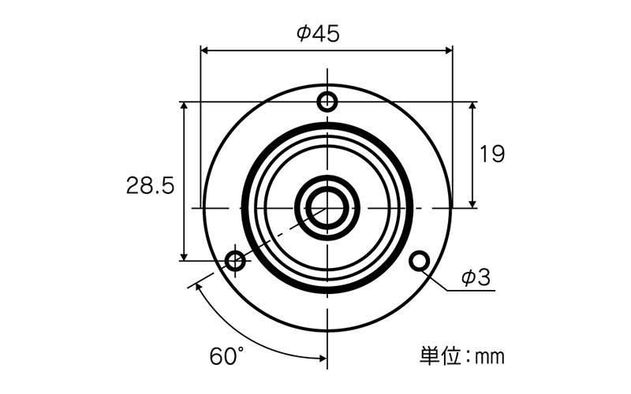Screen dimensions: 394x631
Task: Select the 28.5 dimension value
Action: click(x=149, y=186)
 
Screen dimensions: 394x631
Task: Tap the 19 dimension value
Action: click(x=492, y=154)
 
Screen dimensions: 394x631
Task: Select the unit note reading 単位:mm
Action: click(x=459, y=356)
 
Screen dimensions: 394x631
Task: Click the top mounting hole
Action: click(x=327, y=102)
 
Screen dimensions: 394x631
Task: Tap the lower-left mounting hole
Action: click(x=235, y=260)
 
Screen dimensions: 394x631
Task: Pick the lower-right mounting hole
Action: click(x=420, y=260)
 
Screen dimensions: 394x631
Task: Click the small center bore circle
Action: click(x=327, y=207)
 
